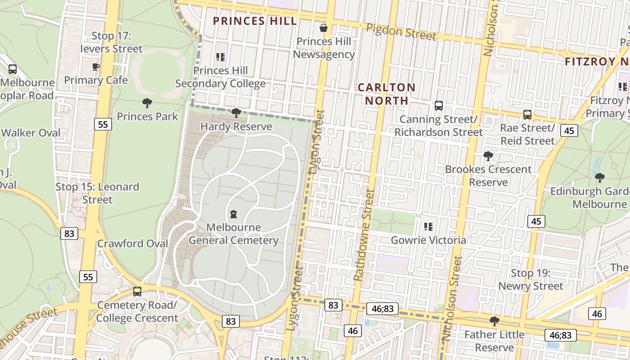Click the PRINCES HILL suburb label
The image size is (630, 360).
tap(255, 21)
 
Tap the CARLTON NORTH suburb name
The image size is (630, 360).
tap(387, 94)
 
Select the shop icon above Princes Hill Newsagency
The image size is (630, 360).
tap(323, 28)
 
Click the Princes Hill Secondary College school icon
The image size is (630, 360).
tap(220, 57)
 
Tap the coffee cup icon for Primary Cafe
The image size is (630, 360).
tap(96, 67)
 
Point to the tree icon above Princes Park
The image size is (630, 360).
tap(147, 103)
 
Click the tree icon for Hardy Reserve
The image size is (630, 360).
tap(236, 113)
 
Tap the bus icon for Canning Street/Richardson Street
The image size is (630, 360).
tap(438, 106)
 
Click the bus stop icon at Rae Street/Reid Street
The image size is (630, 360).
tap(527, 115)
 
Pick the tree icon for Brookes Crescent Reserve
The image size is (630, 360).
tap(488, 156)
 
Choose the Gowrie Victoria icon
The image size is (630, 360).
tap(428, 226)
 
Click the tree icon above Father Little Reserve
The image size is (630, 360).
tap(494, 321)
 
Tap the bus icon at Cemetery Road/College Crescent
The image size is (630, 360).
tap(137, 291)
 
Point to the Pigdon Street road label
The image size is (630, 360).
tap(401, 31)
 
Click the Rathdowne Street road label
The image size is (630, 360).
tap(364, 235)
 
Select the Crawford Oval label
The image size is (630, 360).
tap(133, 243)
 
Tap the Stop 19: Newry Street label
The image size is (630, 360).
tap(530, 279)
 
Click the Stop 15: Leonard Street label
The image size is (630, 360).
tap(97, 193)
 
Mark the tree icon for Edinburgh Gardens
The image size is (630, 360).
tap(599, 177)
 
